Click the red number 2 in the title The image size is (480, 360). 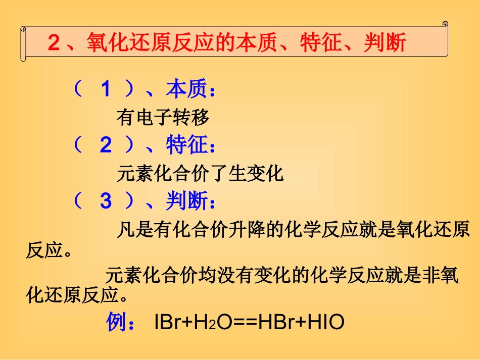click(54, 43)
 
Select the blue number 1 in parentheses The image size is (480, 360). click(105, 90)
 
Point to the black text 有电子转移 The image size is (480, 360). click(163, 118)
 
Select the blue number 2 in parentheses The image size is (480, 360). click(105, 146)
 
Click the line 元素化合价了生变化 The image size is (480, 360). click(200, 174)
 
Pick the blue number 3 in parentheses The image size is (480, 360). click(105, 201)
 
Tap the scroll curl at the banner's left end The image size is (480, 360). click(23, 44)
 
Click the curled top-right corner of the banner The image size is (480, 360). click(445, 24)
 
